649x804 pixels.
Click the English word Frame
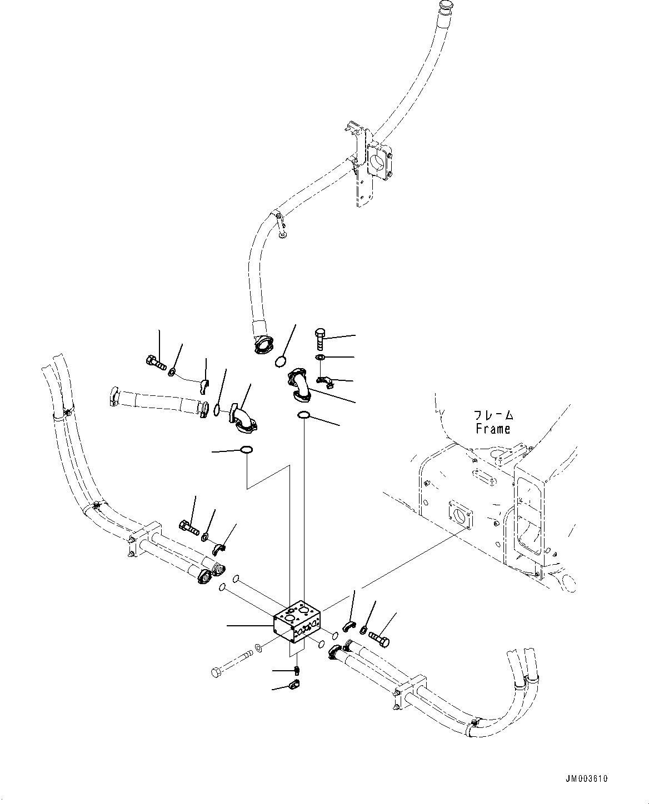click(x=493, y=429)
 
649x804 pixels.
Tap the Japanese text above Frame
click(x=493, y=415)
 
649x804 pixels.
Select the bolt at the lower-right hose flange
click(x=378, y=639)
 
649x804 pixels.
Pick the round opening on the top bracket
click(x=377, y=163)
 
